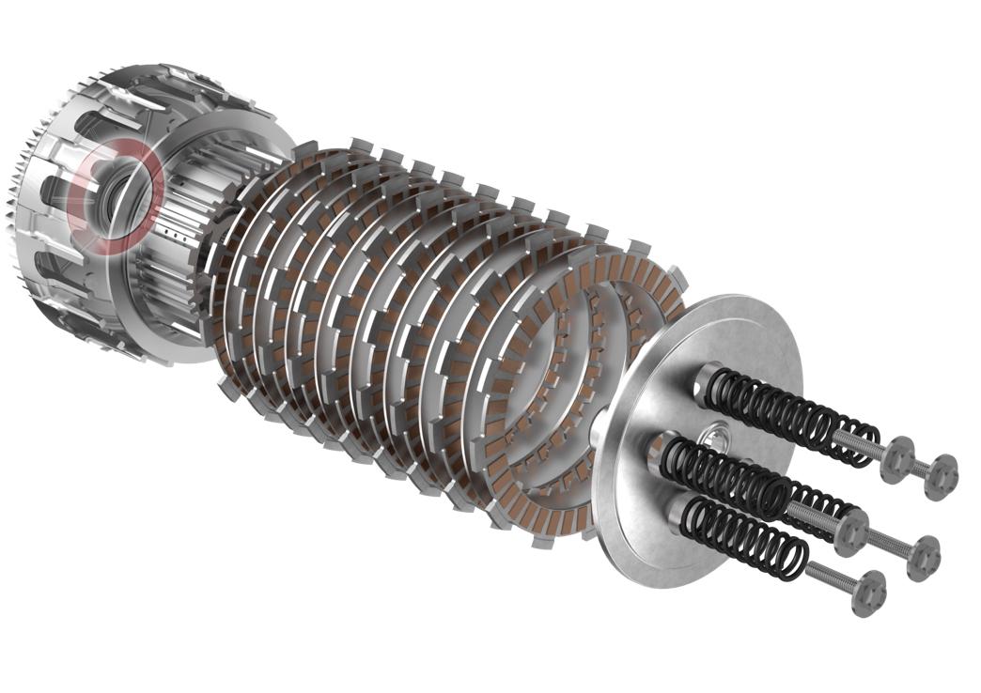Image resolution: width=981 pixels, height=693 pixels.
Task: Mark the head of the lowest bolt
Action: pyautogui.click(x=868, y=593)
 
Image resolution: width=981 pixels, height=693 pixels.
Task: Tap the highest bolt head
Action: pyautogui.click(x=898, y=455)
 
